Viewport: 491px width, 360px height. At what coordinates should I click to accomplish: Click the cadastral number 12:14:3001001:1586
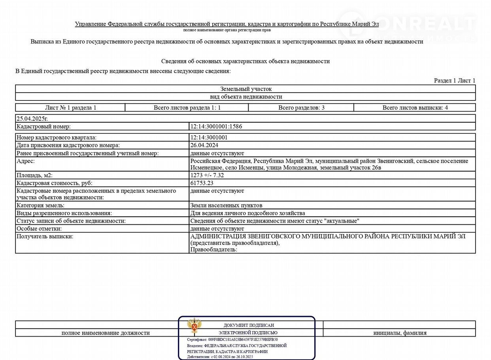[x=216, y=127]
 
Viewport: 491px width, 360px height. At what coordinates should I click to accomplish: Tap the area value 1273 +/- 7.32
[x=207, y=175]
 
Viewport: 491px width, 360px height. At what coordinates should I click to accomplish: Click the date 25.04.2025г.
[x=32, y=118]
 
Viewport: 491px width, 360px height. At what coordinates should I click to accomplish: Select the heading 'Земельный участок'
[x=245, y=89]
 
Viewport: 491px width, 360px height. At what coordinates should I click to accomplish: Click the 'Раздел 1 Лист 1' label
[x=454, y=81]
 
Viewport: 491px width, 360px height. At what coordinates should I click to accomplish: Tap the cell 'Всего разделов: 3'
[x=301, y=108]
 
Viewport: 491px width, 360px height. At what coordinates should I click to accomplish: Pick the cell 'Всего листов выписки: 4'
[x=415, y=108]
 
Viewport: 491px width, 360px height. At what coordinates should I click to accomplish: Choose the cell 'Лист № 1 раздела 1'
[x=70, y=108]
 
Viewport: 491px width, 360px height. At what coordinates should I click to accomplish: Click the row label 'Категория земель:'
[x=40, y=205]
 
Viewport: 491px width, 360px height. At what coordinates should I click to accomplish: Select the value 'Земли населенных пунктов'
[x=226, y=205]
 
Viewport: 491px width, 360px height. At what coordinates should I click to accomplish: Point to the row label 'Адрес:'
[x=26, y=161]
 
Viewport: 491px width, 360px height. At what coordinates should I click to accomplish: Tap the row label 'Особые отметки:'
[x=39, y=229]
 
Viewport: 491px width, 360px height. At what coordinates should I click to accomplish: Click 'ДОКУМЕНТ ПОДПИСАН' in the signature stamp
[x=248, y=325]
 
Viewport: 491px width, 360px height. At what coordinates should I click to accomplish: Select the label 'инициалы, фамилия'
[x=400, y=333]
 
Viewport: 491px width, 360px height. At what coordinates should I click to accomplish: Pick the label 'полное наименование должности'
[x=106, y=333]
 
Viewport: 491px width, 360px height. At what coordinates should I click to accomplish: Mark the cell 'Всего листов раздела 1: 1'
[x=187, y=108]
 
